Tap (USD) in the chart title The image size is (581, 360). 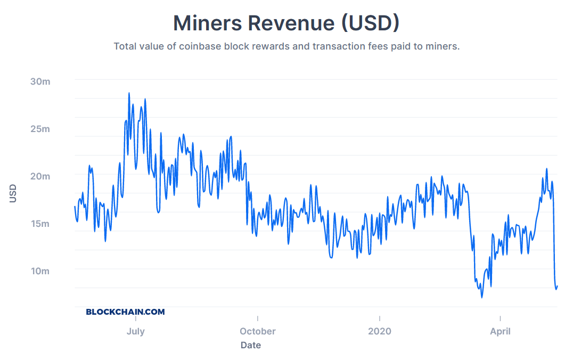(370, 23)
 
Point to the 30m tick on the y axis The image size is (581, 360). (40, 81)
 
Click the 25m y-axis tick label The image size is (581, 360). (40, 129)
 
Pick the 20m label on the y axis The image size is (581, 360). (40, 176)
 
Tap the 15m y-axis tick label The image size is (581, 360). (40, 224)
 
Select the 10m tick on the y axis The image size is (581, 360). (40, 271)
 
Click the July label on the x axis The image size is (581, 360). (136, 331)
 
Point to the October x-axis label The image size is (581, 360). (258, 331)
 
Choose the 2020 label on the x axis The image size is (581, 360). (379, 331)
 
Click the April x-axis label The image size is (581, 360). (500, 331)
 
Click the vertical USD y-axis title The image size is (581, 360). (13, 193)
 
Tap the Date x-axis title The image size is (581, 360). (251, 345)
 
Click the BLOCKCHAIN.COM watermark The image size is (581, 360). (126, 312)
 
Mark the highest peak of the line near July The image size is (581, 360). (129, 93)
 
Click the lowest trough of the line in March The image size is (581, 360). (482, 297)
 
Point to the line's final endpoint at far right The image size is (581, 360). (557, 286)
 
